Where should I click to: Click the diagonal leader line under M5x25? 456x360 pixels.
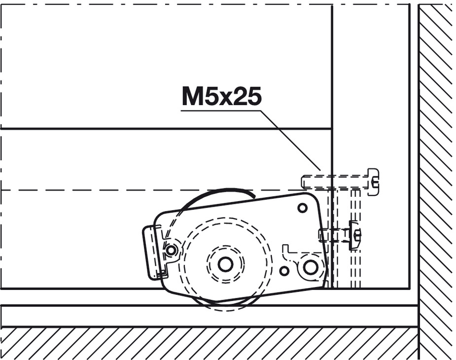[x=291, y=140]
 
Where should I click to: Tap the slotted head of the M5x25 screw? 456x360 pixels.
[x=374, y=181]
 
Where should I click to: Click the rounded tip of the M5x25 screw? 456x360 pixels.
[x=303, y=181]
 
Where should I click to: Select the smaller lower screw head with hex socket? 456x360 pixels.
[x=355, y=235]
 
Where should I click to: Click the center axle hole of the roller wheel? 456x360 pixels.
[x=225, y=264]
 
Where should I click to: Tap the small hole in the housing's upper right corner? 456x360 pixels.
[x=303, y=208]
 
